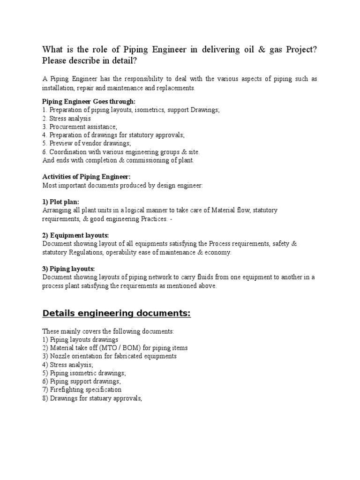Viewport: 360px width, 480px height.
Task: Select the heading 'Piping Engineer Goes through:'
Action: point(89,101)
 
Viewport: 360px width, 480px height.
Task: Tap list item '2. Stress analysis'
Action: point(67,118)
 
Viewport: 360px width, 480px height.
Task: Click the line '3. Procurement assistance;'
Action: point(80,127)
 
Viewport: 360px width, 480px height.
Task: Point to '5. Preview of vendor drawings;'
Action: point(87,143)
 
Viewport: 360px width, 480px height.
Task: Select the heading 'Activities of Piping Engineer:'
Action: point(87,177)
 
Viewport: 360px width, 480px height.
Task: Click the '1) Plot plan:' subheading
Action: point(60,202)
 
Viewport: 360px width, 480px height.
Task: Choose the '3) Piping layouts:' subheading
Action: point(68,269)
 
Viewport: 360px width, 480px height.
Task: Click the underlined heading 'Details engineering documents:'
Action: point(116,314)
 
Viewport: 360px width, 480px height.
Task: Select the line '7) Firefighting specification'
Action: point(82,390)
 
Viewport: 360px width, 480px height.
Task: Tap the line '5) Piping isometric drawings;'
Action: point(84,373)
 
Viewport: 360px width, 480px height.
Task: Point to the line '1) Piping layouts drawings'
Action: point(80,339)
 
